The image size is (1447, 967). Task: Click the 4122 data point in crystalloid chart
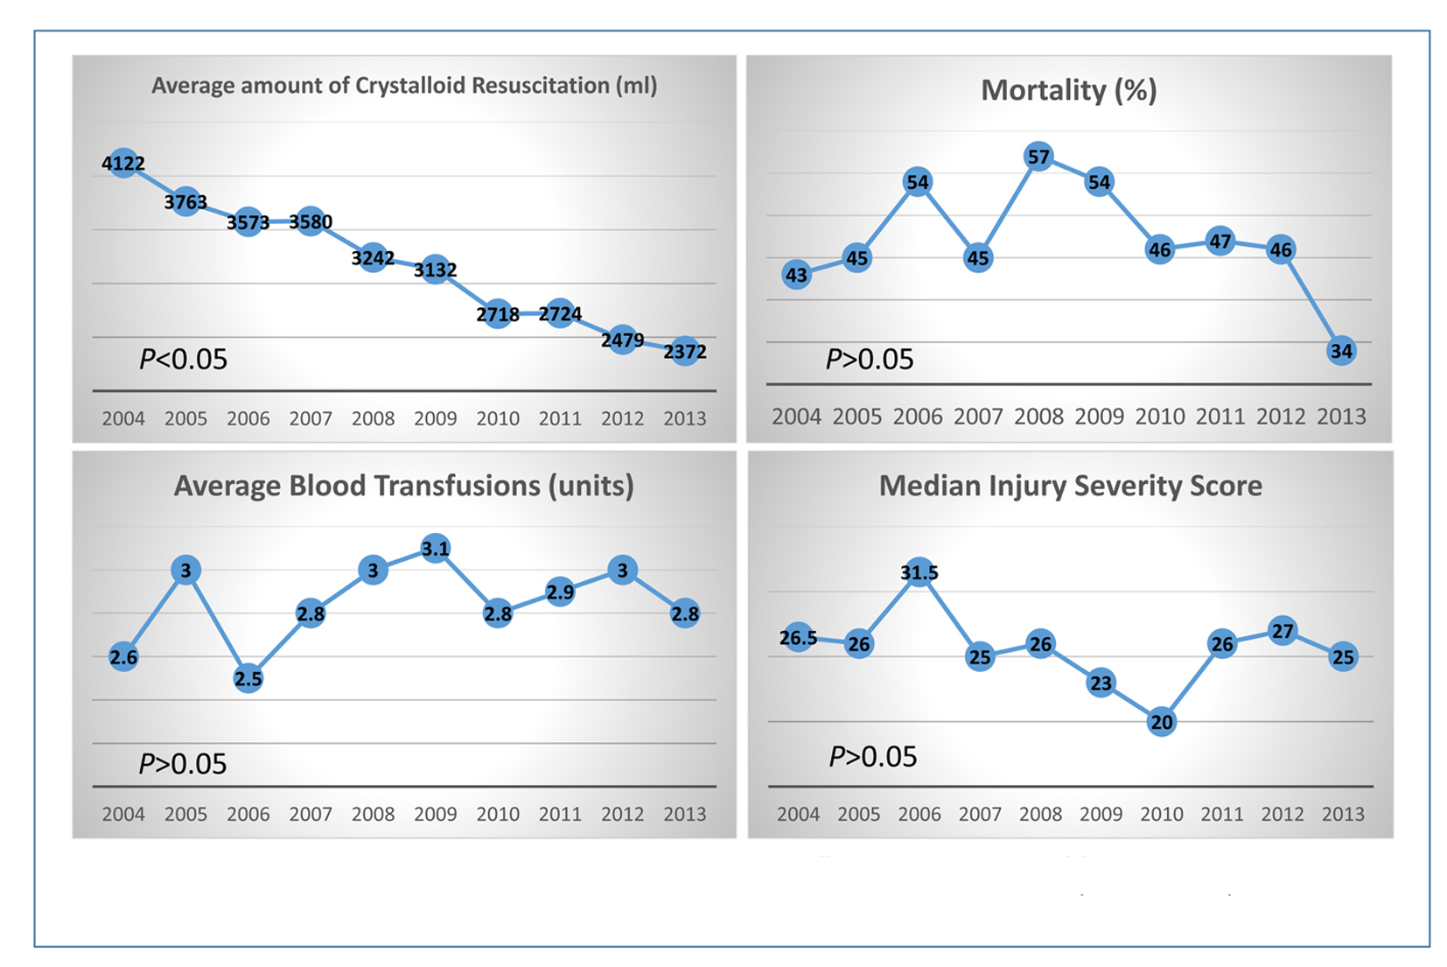pos(123,163)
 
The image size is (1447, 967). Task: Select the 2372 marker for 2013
pos(685,352)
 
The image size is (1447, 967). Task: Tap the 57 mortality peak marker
pos(1038,158)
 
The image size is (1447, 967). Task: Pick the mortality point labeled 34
pos(1341,351)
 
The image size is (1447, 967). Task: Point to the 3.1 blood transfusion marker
pos(436,549)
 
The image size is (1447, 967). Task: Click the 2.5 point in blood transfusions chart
pos(248,678)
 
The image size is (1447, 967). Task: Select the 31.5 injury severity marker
pos(919,573)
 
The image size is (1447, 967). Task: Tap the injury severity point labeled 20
pos(1162,722)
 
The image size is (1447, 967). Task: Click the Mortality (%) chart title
pos(1068,90)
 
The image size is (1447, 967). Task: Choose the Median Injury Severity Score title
pos(1070,486)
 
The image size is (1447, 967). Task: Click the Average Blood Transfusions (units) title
pos(403,486)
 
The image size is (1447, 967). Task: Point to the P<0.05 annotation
pos(183,359)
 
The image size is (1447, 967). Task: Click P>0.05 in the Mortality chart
pos(870,359)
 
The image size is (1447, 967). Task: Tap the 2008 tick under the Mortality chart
pos(1038,417)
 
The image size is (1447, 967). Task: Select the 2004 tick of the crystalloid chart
pos(123,418)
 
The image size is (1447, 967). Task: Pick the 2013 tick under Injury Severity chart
pos(1343,814)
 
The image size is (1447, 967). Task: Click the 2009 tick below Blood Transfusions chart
pos(436,814)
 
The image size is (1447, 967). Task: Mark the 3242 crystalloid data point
pos(374,258)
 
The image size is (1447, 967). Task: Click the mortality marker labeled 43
pos(796,275)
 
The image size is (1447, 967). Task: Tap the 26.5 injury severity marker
pos(799,638)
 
